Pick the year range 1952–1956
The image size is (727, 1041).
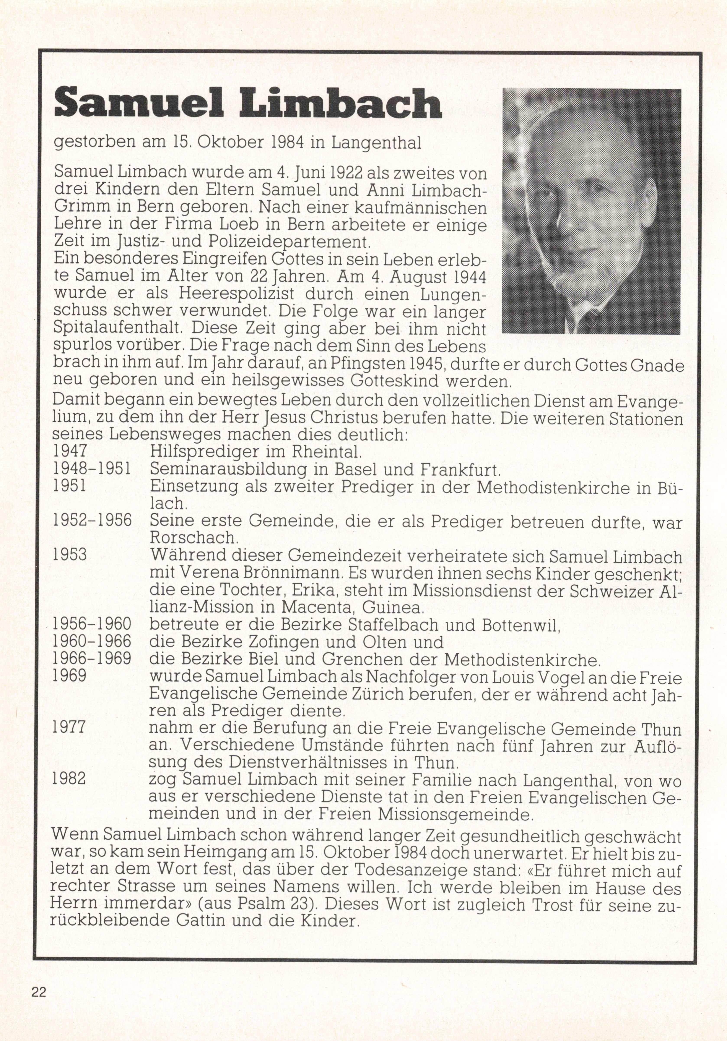coord(92,520)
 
